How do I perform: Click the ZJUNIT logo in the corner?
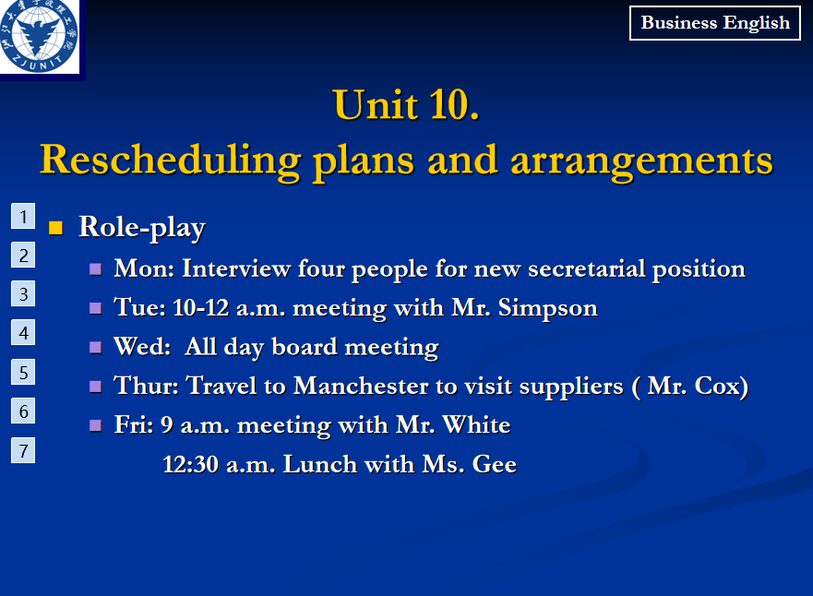pyautogui.click(x=39, y=36)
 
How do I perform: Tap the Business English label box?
pyautogui.click(x=715, y=23)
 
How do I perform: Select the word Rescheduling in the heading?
pyautogui.click(x=171, y=161)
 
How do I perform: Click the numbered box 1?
pyautogui.click(x=23, y=216)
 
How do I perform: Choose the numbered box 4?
pyautogui.click(x=23, y=333)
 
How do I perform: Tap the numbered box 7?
pyautogui.click(x=23, y=450)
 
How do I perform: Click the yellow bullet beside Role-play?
pyautogui.click(x=55, y=228)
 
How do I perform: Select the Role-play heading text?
pyautogui.click(x=142, y=228)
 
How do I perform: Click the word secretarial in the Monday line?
pyautogui.click(x=586, y=268)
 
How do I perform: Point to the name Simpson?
pyautogui.click(x=547, y=308)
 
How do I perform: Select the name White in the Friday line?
pyautogui.click(x=476, y=425)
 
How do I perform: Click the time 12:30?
pyautogui.click(x=190, y=464)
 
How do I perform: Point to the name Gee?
pyautogui.click(x=494, y=464)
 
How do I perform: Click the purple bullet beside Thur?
pyautogui.click(x=95, y=387)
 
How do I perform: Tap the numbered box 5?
pyautogui.click(x=23, y=372)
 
